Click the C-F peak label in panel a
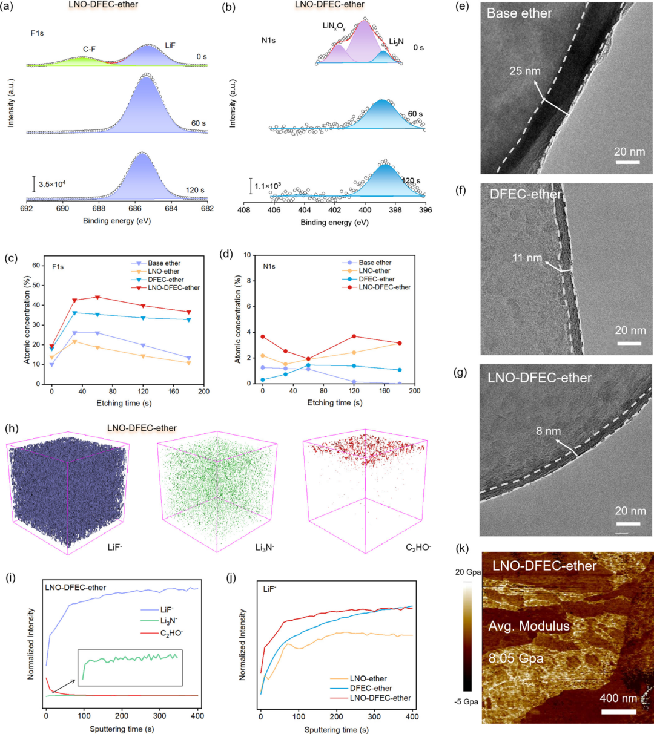pos(89,49)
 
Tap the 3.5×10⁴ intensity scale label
pos(52,184)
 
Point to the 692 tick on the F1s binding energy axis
pos(27,208)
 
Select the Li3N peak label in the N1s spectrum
pos(396,42)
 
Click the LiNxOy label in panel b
pos(334,26)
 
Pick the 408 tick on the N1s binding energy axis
pos(243,210)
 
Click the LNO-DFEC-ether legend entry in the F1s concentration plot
pos(174,287)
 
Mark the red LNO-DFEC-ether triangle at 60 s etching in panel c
pos(97,298)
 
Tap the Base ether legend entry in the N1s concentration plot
pos(375,263)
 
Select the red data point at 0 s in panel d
pos(263,336)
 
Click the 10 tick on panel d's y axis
pos(247,255)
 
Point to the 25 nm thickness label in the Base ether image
pos(525,71)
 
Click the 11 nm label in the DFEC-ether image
pos(527,258)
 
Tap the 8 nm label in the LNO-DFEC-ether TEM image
pos(549,431)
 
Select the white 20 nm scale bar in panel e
pos(627,162)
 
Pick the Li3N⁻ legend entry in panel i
pos(169,621)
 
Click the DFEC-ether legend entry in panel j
pos(371,689)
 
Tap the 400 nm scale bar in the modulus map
pos(618,712)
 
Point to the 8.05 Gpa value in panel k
pos(516,658)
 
